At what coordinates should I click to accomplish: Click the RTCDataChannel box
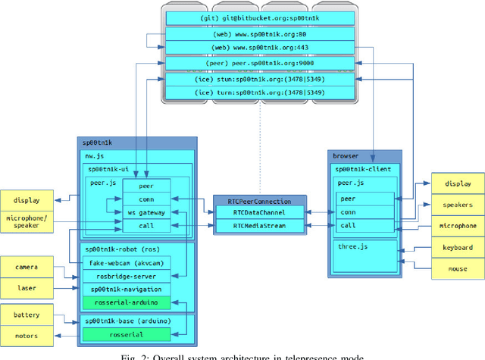click(x=259, y=214)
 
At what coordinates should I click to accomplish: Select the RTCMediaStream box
click(x=259, y=226)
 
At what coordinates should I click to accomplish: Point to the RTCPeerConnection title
click(x=259, y=201)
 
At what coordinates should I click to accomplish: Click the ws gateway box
click(x=145, y=213)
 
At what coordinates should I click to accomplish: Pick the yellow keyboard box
click(x=458, y=247)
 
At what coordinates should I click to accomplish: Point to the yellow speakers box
click(x=458, y=204)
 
